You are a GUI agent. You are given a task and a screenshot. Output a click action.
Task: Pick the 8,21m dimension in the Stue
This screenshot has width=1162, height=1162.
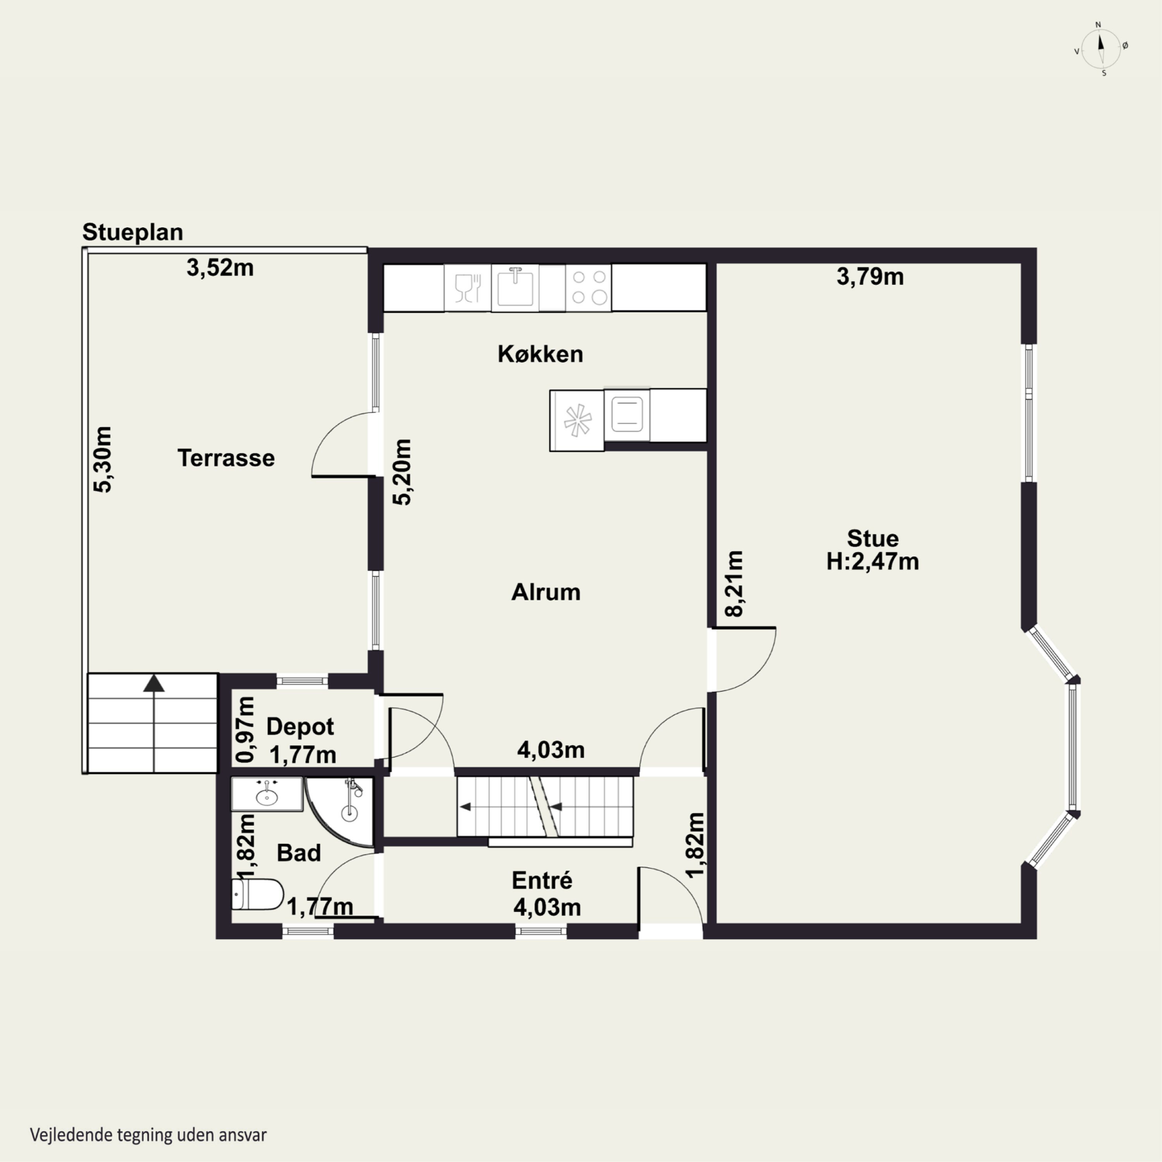click(x=734, y=583)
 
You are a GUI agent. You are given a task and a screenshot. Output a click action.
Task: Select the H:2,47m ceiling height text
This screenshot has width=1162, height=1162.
click(x=872, y=561)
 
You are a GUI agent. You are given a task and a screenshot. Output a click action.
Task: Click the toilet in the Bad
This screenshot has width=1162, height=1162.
click(x=258, y=894)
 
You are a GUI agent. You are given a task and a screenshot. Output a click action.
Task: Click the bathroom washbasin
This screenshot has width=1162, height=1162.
click(x=267, y=794)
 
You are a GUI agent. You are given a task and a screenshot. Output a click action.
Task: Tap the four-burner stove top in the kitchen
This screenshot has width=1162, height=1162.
click(x=589, y=287)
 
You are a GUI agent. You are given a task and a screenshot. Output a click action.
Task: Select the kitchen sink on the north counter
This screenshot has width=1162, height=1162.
click(x=516, y=287)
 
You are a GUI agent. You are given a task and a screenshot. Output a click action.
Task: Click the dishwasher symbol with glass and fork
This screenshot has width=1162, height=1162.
click(x=468, y=287)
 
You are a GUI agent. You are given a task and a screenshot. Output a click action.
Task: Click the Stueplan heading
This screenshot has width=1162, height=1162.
click(x=132, y=232)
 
